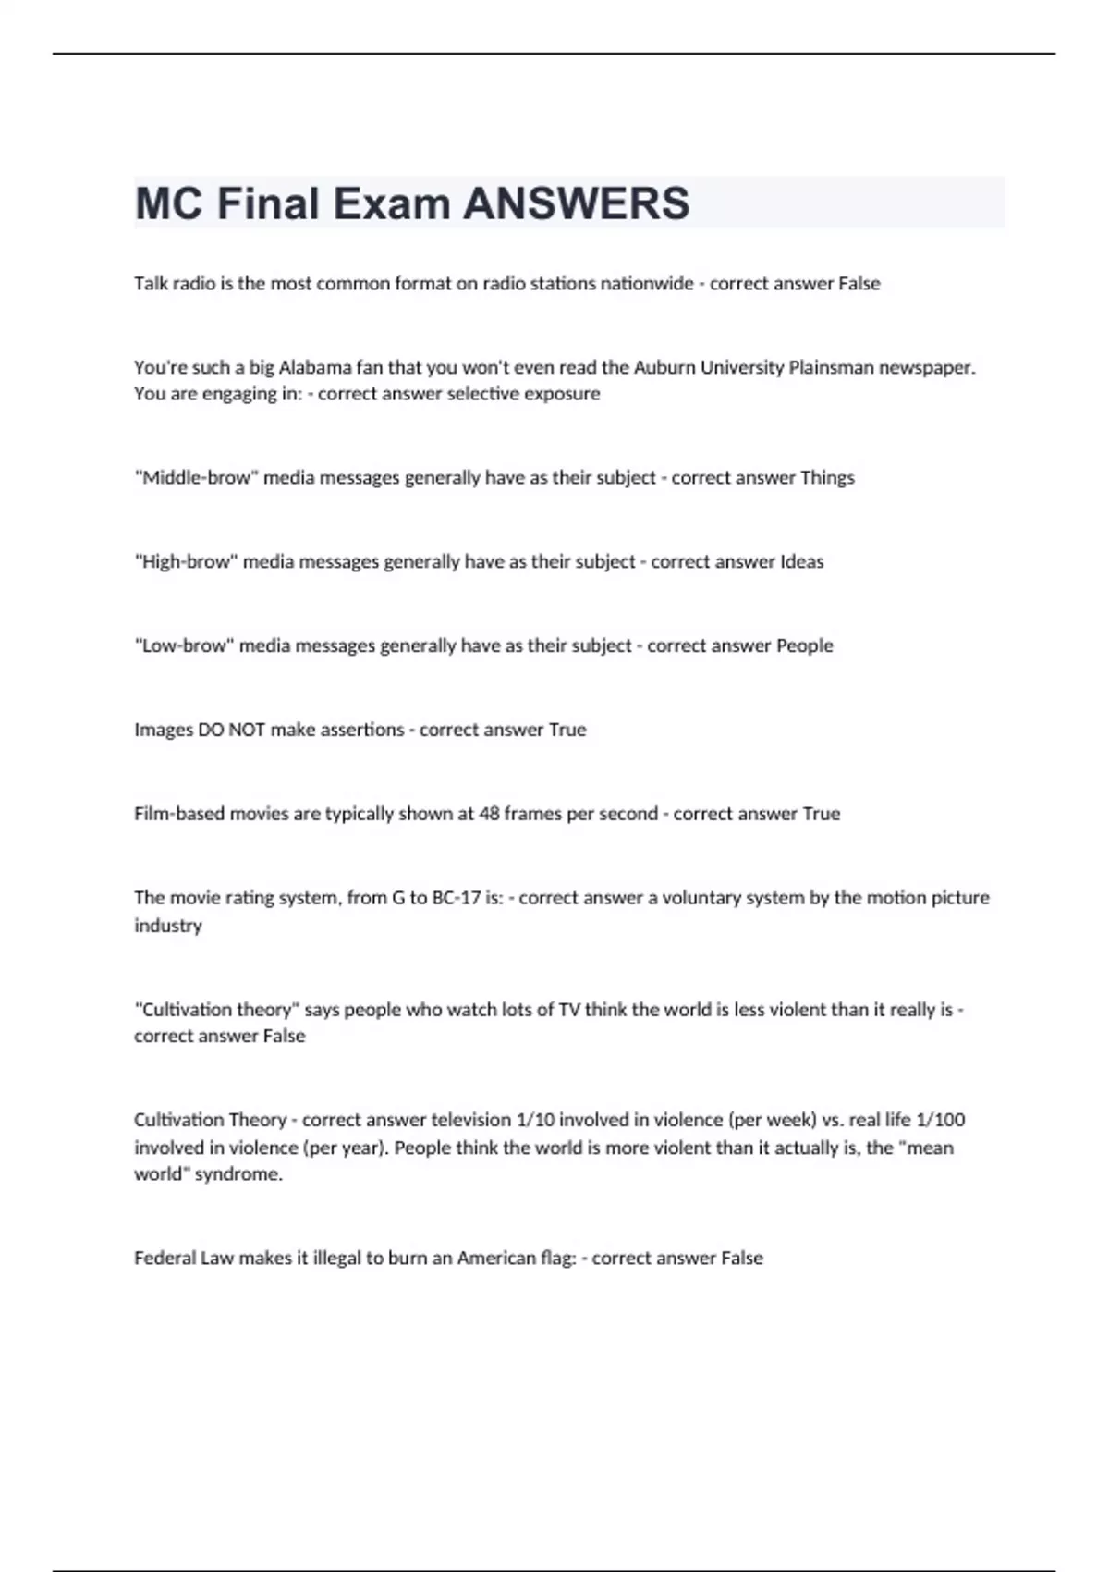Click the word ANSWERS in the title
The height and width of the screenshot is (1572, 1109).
[576, 203]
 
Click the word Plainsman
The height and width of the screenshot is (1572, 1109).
[830, 367]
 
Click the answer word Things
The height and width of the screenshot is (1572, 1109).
[827, 478]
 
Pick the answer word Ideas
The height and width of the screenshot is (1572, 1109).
[801, 562]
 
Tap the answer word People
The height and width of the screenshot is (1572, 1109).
[804, 645]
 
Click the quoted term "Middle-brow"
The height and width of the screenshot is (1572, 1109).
[196, 478]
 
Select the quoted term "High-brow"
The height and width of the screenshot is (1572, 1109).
[186, 562]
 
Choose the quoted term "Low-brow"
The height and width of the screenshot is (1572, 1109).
[184, 645]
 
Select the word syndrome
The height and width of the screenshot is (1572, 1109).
[238, 1174]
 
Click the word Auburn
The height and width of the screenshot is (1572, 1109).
[664, 367]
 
